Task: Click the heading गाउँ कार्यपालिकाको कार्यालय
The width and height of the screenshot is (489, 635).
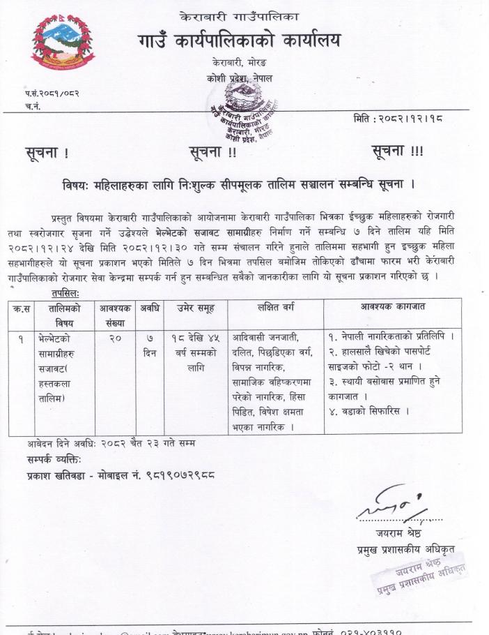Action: (240, 41)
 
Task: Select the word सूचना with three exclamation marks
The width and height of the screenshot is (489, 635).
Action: (397, 151)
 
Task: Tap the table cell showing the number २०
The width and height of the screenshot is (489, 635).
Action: (116, 338)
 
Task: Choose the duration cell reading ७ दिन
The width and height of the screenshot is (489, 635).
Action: (149, 345)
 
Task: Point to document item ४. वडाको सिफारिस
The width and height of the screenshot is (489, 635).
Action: (367, 410)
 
